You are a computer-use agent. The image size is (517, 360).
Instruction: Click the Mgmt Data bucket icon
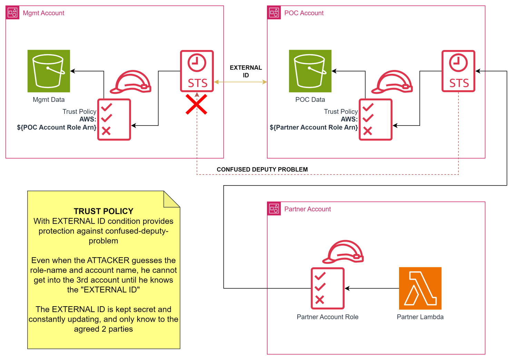tap(49, 71)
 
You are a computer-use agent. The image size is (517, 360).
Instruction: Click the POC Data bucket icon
tap(310, 71)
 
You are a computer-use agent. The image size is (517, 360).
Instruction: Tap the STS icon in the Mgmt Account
tap(197, 71)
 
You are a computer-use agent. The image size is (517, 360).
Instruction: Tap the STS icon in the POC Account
tap(458, 71)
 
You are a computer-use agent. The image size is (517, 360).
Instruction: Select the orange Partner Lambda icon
tap(420, 288)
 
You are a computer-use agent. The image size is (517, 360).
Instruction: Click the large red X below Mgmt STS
tap(197, 104)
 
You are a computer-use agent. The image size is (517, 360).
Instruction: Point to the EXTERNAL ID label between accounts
tap(246, 71)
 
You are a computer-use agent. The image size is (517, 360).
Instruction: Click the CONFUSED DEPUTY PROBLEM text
tap(262, 169)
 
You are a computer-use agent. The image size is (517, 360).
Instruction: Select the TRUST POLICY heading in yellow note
tap(103, 211)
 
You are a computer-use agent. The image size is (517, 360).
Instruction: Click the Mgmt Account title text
tap(43, 13)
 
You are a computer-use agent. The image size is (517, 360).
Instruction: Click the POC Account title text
tap(304, 13)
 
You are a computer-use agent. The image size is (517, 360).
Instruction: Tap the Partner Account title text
tap(307, 209)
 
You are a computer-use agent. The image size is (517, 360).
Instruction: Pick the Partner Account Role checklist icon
tap(328, 288)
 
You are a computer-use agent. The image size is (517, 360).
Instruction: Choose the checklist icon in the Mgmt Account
tap(114, 119)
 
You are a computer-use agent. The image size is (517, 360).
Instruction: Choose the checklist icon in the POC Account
tap(376, 119)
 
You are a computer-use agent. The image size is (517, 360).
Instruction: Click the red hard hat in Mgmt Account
tap(131, 82)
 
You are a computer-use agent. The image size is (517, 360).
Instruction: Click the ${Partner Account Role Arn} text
tap(314, 128)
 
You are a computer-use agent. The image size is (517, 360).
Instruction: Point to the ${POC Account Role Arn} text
tap(57, 128)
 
